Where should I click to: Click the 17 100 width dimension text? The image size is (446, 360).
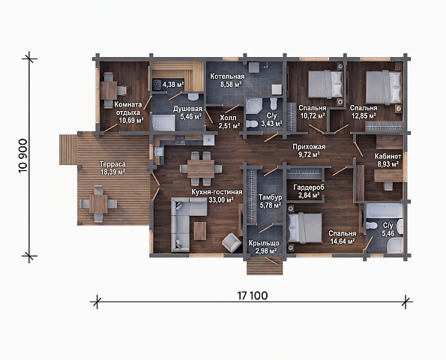pyautogui.click(x=253, y=295)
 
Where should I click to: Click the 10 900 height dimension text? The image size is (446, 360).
pyautogui.click(x=23, y=156)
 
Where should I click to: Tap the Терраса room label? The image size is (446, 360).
pyautogui.click(x=112, y=164)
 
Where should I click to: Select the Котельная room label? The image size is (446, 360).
pyautogui.click(x=227, y=76)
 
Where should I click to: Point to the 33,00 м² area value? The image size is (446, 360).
pyautogui.click(x=220, y=199)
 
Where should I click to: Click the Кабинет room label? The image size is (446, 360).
pyautogui.click(x=388, y=156)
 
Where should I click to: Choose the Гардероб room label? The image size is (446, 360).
pyautogui.click(x=309, y=187)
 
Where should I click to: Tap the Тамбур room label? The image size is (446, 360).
pyautogui.click(x=270, y=197)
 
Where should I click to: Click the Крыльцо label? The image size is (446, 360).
pyautogui.click(x=264, y=243)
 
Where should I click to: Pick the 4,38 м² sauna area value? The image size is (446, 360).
pyautogui.click(x=173, y=84)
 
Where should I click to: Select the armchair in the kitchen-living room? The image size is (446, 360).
pyautogui.click(x=231, y=242)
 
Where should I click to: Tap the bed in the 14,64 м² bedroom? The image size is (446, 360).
pyautogui.click(x=305, y=228)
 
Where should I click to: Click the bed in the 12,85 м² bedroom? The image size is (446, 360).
pyautogui.click(x=384, y=87)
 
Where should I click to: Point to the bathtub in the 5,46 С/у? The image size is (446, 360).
pyautogui.click(x=385, y=210)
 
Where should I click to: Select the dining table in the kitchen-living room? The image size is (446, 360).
pyautogui.click(x=201, y=169)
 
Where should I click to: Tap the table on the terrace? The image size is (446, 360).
pyautogui.click(x=98, y=204)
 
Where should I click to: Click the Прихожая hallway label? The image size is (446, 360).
pyautogui.click(x=309, y=147)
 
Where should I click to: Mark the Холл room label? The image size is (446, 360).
pyautogui.click(x=228, y=118)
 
